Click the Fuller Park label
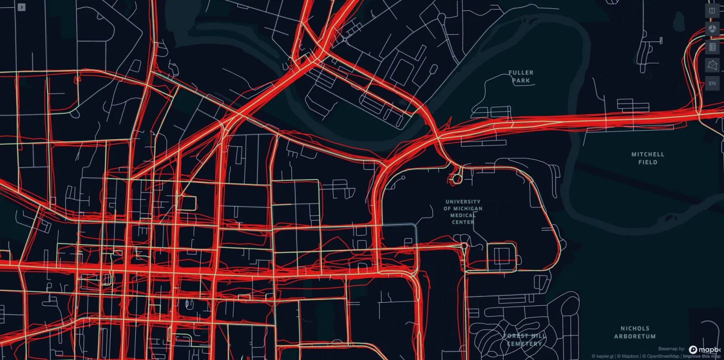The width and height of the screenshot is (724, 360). click(x=521, y=76)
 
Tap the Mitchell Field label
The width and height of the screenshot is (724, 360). click(x=648, y=158)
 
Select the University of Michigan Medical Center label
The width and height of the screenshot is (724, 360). click(x=463, y=212)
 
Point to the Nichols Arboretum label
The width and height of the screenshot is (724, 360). click(x=635, y=332)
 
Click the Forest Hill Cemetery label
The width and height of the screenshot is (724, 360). click(x=524, y=340)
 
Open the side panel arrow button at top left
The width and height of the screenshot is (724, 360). click(x=22, y=7)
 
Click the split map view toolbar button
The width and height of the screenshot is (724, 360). click(x=712, y=11)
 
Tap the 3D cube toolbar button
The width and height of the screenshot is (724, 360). click(x=712, y=29)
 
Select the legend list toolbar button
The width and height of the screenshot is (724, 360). click(x=712, y=47)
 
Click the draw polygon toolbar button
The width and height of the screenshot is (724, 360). click(x=712, y=65)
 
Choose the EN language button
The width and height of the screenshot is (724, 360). click(x=712, y=83)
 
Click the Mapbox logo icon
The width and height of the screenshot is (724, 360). click(x=693, y=350)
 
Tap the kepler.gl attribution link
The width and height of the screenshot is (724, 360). click(x=603, y=356)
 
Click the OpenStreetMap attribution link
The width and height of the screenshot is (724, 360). click(x=663, y=356)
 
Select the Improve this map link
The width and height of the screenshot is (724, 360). click(x=701, y=356)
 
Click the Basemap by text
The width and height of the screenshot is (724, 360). click(x=672, y=349)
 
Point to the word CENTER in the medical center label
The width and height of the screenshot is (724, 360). click(x=463, y=222)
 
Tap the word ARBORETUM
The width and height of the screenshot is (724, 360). click(x=635, y=336)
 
